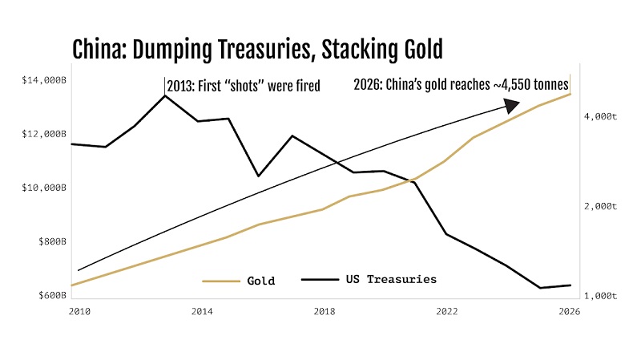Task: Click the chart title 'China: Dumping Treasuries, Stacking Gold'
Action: [257, 50]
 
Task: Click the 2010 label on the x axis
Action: [79, 310]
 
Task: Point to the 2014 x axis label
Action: [201, 310]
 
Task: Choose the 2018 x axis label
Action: [324, 310]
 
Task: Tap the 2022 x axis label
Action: [446, 310]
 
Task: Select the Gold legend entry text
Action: [260, 281]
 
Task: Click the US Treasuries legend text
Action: [391, 279]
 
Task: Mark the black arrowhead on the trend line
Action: [511, 105]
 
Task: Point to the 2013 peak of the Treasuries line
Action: [164, 95]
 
